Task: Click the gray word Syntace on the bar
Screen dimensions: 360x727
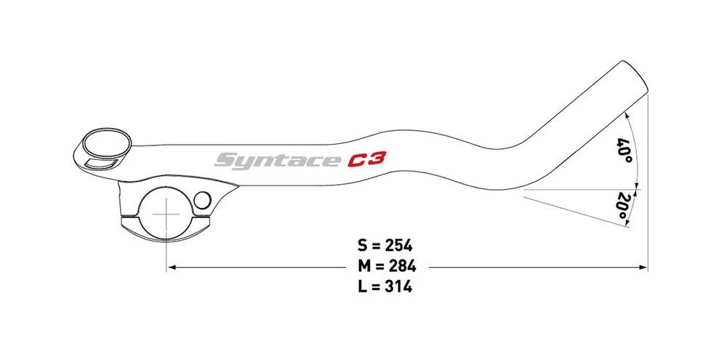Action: (277, 159)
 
